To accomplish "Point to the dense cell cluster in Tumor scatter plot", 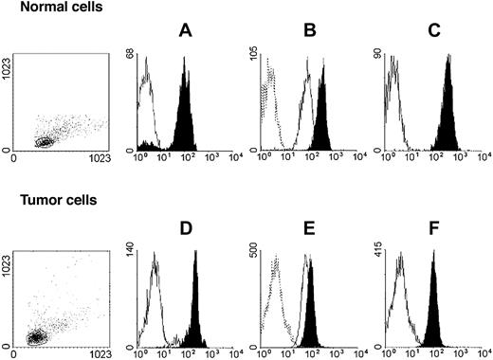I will tap(36, 336).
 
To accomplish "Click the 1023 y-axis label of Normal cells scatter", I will tap(9, 77).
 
